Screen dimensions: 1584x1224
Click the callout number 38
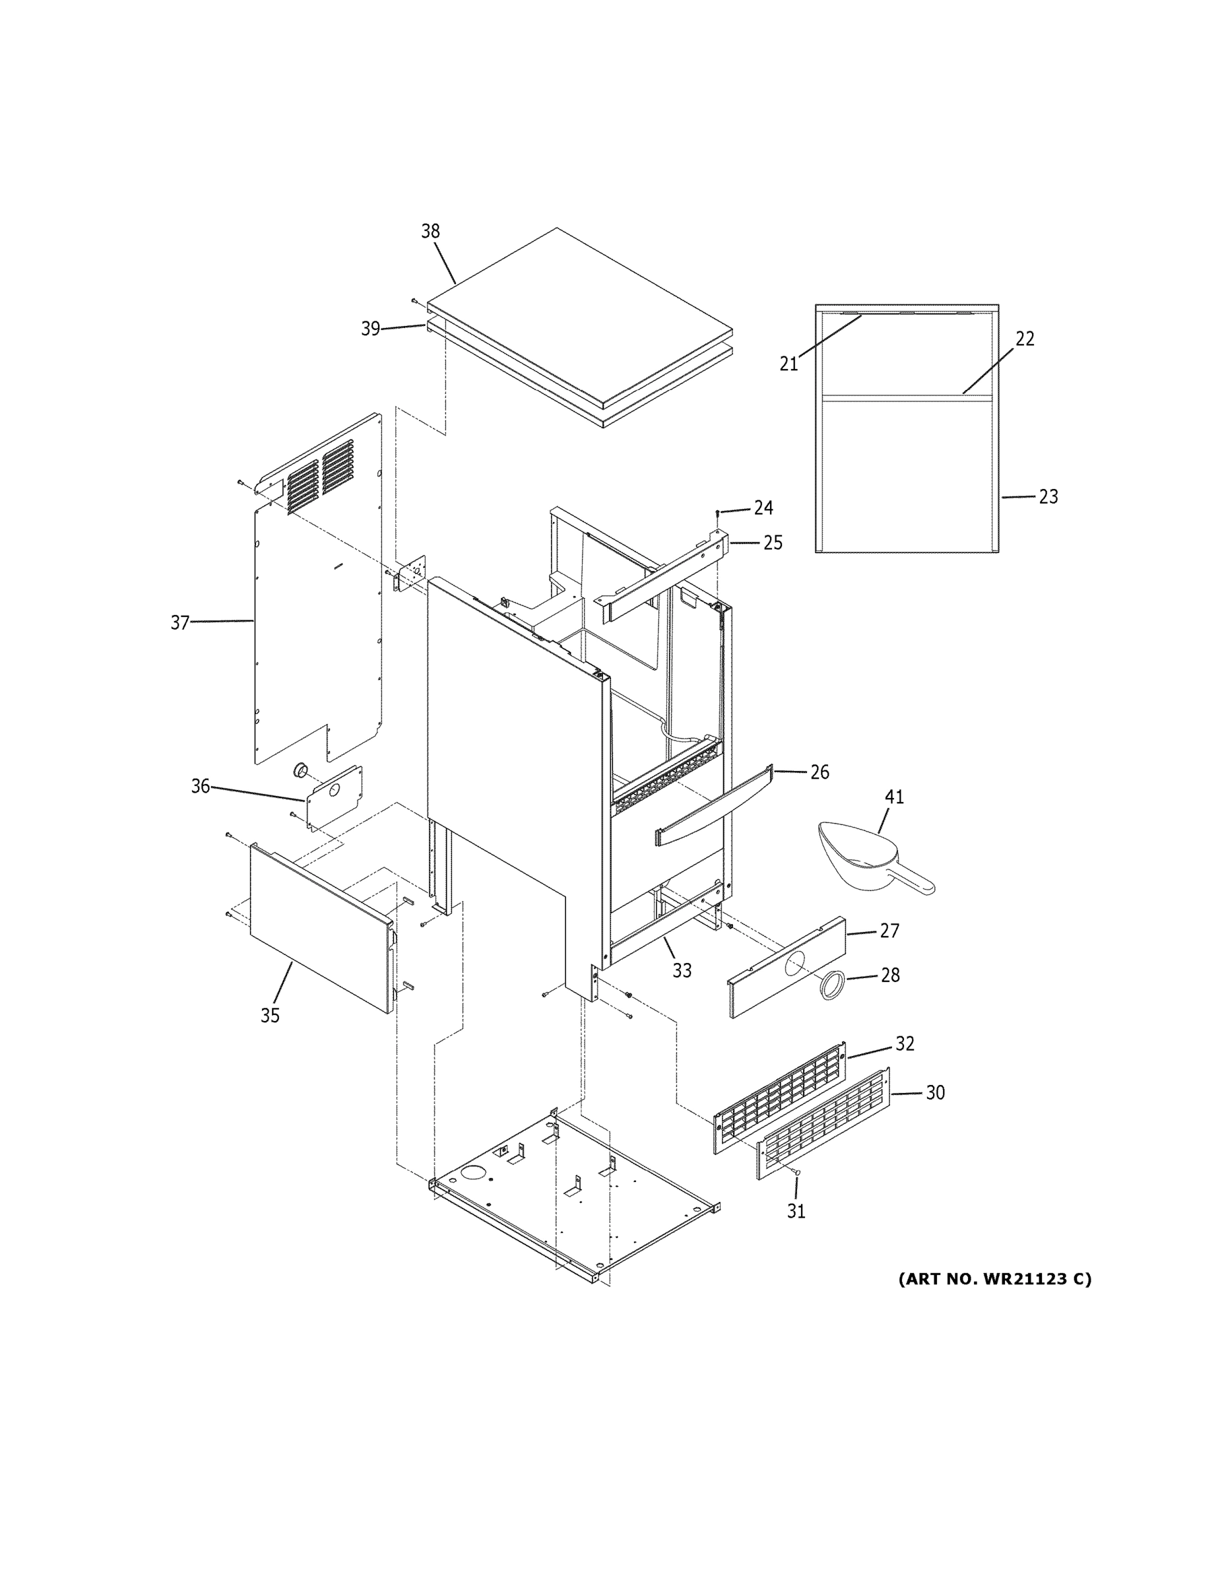pyautogui.click(x=430, y=232)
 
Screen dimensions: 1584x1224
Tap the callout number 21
pyautogui.click(x=789, y=364)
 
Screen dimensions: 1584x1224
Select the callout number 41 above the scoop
pyautogui.click(x=894, y=797)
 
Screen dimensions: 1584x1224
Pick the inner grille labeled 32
pyautogui.click(x=779, y=1096)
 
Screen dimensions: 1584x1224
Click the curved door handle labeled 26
pyautogui.click(x=714, y=805)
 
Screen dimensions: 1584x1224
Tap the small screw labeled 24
pyautogui.click(x=717, y=513)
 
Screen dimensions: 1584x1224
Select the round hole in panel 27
pyautogui.click(x=794, y=963)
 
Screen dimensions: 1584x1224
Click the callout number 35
pyautogui.click(x=270, y=1016)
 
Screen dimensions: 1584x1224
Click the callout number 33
pyautogui.click(x=682, y=970)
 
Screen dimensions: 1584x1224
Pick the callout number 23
pyautogui.click(x=1048, y=497)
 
